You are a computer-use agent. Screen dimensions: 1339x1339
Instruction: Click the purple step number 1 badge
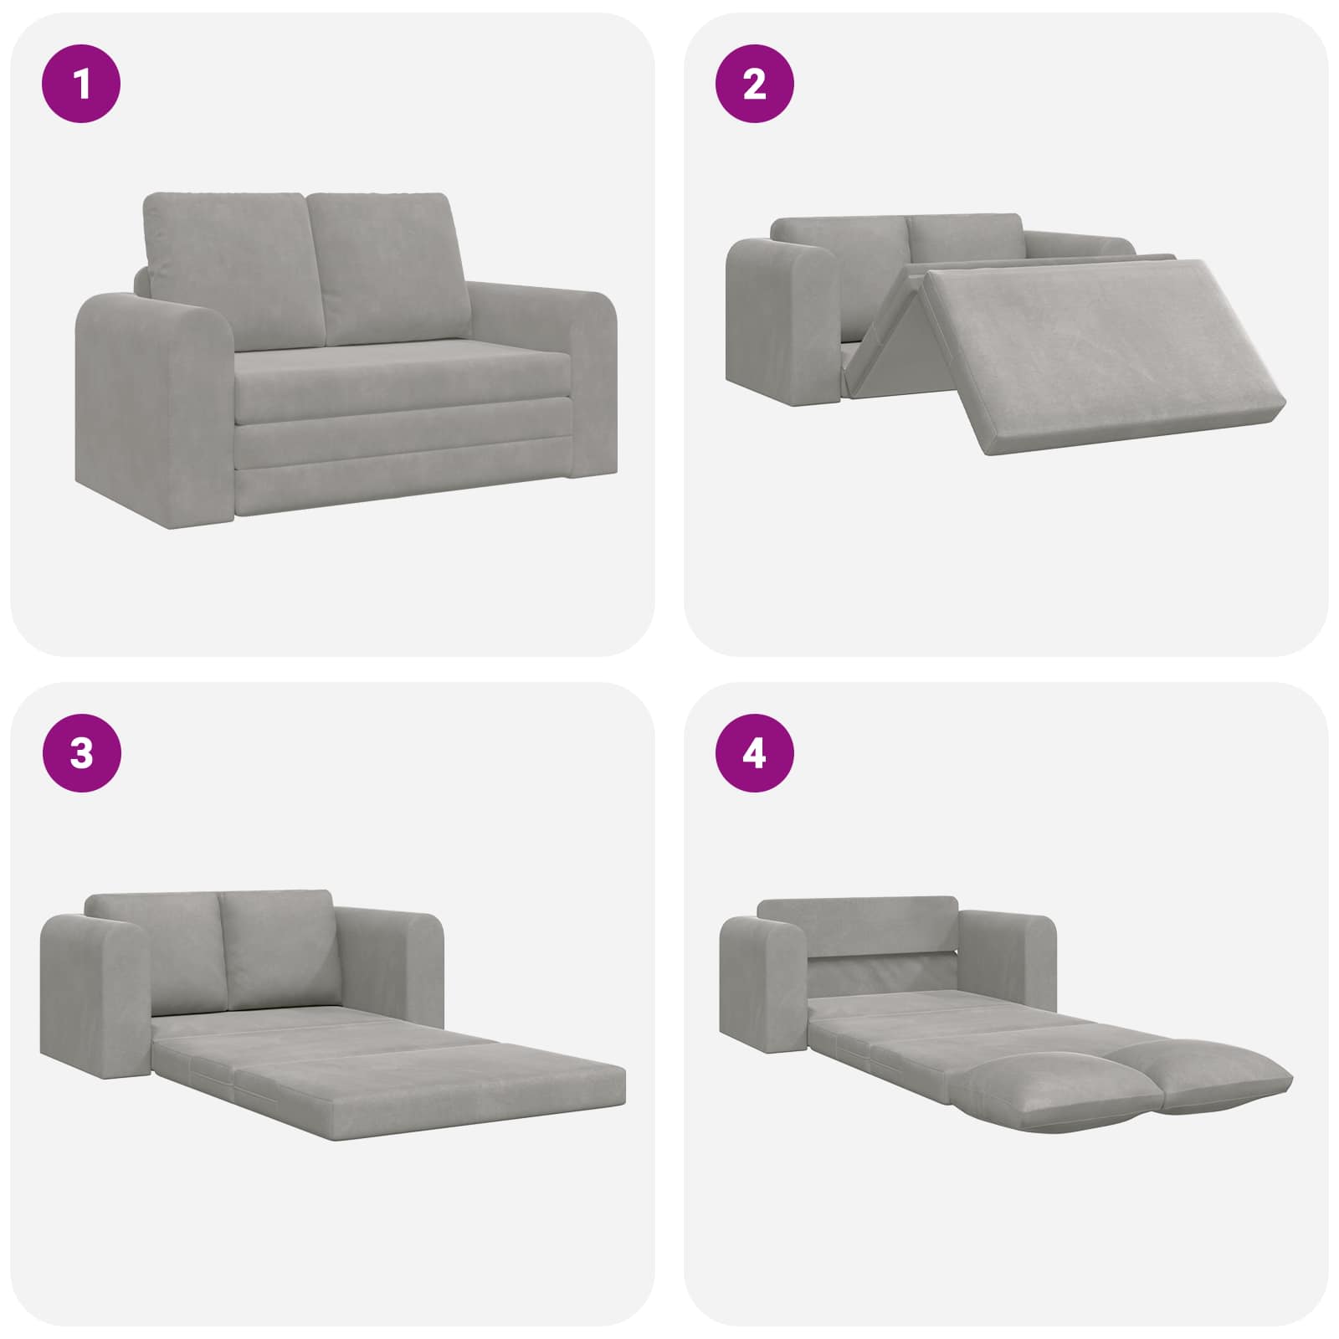(x=82, y=84)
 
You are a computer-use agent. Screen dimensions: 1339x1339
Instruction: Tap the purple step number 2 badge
(x=755, y=84)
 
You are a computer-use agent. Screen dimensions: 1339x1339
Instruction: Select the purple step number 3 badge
(x=82, y=753)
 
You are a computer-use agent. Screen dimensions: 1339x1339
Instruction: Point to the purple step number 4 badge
(x=755, y=753)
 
